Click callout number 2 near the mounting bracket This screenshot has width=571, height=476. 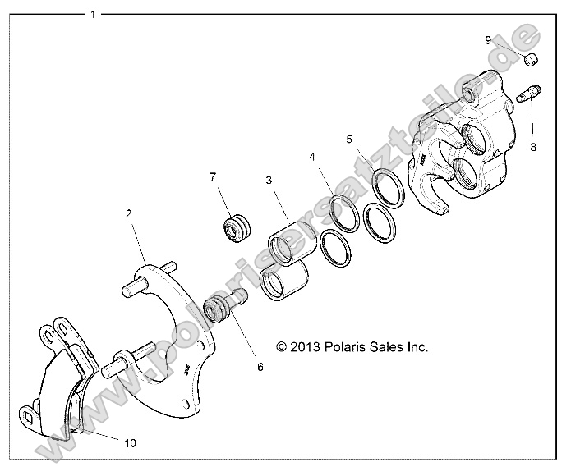pyautogui.click(x=128, y=213)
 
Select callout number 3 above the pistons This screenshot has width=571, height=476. pyautogui.click(x=268, y=179)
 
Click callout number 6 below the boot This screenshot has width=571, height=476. pyautogui.click(x=260, y=367)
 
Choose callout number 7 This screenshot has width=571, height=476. pyautogui.click(x=213, y=176)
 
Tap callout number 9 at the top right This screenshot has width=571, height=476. pyautogui.click(x=510, y=40)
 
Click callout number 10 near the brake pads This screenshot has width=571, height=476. pyautogui.click(x=130, y=442)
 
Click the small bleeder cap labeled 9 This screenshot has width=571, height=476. pyautogui.click(x=532, y=57)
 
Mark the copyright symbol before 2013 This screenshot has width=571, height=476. pyautogui.click(x=282, y=347)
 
